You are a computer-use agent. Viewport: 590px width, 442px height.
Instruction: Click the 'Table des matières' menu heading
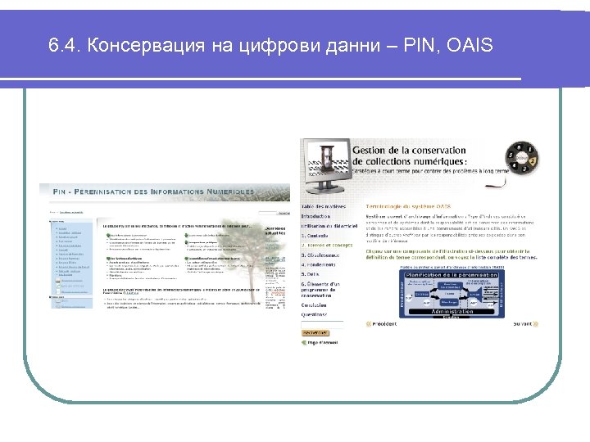(x=324, y=206)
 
